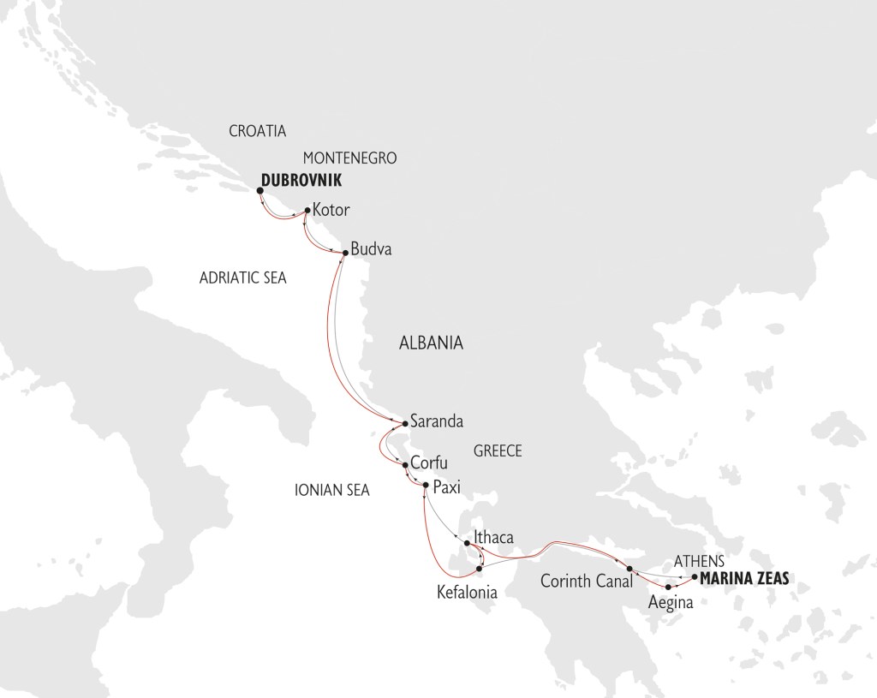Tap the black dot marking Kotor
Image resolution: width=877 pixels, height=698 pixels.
pyautogui.click(x=307, y=210)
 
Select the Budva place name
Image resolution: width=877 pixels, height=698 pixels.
pyautogui.click(x=372, y=250)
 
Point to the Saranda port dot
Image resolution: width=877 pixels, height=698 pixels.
pyautogui.click(x=405, y=422)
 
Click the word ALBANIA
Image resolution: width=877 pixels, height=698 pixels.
pyautogui.click(x=431, y=343)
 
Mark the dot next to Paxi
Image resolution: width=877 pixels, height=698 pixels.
pyautogui.click(x=425, y=486)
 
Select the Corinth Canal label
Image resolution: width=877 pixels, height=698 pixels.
pyautogui.click(x=586, y=581)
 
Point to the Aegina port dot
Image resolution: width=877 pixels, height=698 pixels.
pyautogui.click(x=668, y=587)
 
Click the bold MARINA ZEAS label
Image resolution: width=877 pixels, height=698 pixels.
pyautogui.click(x=744, y=579)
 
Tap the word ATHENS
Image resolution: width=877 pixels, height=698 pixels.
pyautogui.click(x=700, y=561)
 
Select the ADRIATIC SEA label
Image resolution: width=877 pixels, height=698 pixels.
pyautogui.click(x=242, y=278)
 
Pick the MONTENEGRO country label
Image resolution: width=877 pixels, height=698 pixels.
pyautogui.click(x=351, y=158)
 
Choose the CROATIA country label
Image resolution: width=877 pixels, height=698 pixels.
pyautogui.click(x=257, y=131)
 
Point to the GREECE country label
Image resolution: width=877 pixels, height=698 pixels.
pyautogui.click(x=497, y=451)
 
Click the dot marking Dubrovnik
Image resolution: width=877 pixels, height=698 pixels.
pyautogui.click(x=260, y=191)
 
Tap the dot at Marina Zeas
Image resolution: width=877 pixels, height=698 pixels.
pyautogui.click(x=694, y=577)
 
